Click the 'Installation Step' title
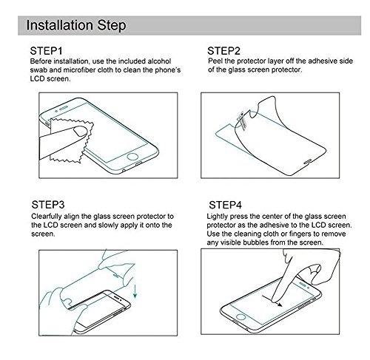[76, 25]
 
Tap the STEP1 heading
[46, 51]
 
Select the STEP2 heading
[223, 51]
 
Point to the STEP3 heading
[48, 205]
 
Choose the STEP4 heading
[225, 205]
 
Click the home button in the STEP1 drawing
[132, 157]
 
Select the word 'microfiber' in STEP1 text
[79, 70]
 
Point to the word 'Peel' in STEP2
[215, 61]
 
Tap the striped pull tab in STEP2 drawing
[243, 120]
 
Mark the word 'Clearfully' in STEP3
[47, 217]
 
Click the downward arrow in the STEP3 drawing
[135, 291]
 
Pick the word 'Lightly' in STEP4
[217, 217]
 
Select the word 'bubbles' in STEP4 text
[256, 242]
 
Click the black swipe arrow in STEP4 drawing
[272, 302]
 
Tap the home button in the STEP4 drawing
[240, 316]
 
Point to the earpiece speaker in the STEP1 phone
[64, 108]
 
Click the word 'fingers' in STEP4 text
[302, 234]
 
